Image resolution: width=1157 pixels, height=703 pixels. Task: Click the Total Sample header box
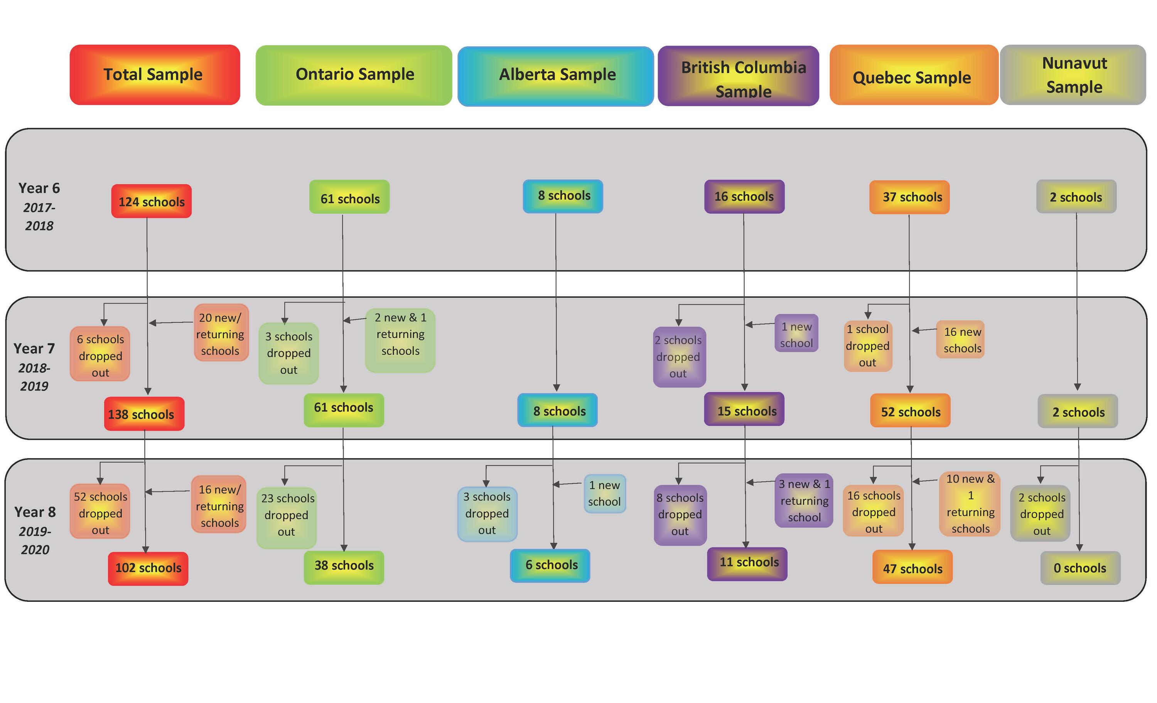[x=155, y=75]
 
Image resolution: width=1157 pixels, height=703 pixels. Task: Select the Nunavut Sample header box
[x=1073, y=75]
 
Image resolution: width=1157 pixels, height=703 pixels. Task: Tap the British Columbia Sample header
[x=739, y=76]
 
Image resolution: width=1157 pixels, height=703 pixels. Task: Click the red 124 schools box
[x=151, y=201]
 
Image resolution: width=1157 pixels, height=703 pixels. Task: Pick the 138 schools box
[x=144, y=414]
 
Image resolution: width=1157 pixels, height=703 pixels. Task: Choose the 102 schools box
[x=148, y=568]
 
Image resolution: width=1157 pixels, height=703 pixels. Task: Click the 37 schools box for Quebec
[x=909, y=197]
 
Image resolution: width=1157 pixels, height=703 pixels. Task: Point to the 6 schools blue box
[x=550, y=565]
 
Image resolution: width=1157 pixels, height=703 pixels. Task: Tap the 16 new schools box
[x=960, y=339]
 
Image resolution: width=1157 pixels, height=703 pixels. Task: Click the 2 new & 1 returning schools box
[x=400, y=340]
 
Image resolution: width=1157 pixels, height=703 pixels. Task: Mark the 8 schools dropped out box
[x=680, y=515]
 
